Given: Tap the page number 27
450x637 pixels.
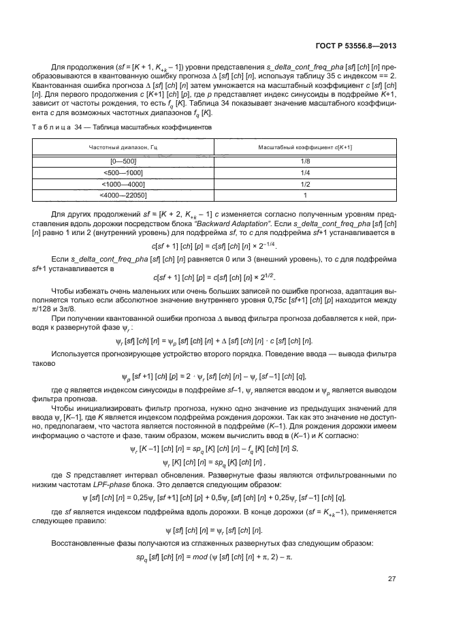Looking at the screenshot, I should pos(392,578).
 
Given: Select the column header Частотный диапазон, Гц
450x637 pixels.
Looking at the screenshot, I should pos(122,147).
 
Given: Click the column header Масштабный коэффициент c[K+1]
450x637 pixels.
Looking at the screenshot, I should pos(305,147).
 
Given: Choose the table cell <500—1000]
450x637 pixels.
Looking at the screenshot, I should pos(122,173).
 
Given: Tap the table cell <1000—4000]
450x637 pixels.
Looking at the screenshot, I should pos(122,184).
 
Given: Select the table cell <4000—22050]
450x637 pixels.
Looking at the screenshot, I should pos(122,195).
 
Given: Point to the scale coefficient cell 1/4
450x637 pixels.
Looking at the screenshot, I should pos(305,173).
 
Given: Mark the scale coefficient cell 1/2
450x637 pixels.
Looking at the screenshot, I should pos(305,184).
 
